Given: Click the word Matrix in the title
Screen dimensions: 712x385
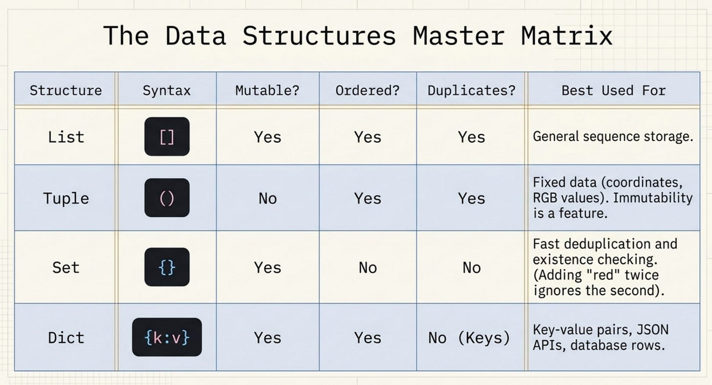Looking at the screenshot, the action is pos(567,36).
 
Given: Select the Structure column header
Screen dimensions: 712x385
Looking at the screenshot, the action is pos(66,91).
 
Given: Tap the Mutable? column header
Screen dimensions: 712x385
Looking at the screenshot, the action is pos(267,91).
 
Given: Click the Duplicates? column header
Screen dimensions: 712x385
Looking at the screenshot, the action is pos(471,91).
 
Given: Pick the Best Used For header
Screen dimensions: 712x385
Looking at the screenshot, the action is pos(613,91).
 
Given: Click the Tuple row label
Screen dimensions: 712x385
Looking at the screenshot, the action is pos(66,199).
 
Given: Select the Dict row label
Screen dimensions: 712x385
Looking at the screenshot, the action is pos(66,338).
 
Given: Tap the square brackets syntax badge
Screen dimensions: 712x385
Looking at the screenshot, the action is pos(167,137).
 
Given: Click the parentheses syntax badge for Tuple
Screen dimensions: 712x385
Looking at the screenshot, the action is pos(167,198).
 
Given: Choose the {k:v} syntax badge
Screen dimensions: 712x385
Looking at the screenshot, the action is pos(167,337).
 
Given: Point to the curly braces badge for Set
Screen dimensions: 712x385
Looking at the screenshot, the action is pos(167,267).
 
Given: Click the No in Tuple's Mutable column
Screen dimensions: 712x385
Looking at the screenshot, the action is pos(267,199).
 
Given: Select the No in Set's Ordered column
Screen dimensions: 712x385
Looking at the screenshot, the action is pos(368,268).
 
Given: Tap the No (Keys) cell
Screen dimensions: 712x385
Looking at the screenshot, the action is pos(469,338).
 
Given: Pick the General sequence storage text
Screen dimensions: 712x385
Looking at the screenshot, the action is pos(613,137).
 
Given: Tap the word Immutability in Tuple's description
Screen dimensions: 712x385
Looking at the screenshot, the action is pos(652,198).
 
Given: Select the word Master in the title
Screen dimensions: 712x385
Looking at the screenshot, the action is pos(459,36).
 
